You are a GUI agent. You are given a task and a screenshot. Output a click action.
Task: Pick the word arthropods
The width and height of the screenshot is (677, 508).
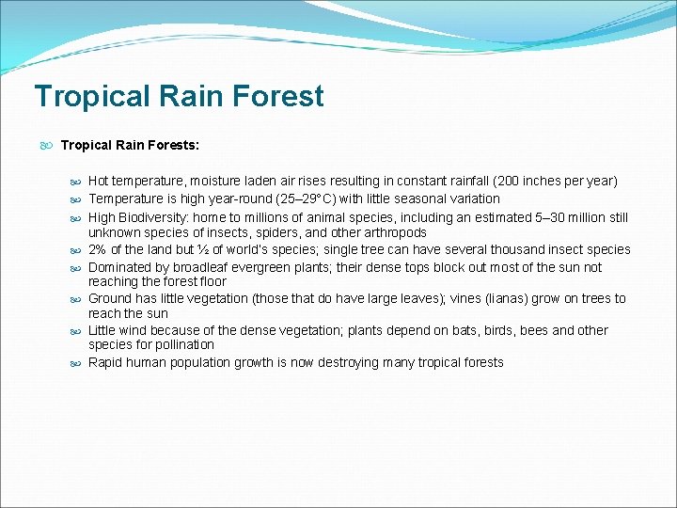tap(395, 232)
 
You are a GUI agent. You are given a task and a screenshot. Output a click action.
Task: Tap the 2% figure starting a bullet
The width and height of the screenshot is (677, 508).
tap(97, 250)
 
